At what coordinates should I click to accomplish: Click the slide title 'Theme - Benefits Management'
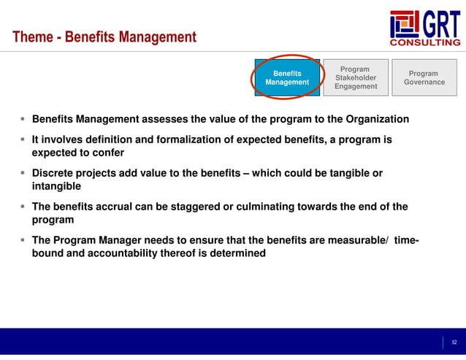pyautogui.click(x=104, y=37)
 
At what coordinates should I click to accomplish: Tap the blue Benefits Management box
pyautogui.click(x=287, y=77)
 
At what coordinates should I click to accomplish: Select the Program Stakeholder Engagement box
pyautogui.click(x=356, y=77)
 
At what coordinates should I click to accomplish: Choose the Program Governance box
pyautogui.click(x=424, y=77)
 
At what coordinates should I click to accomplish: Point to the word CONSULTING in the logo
pyautogui.click(x=427, y=43)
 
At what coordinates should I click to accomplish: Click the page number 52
pyautogui.click(x=454, y=342)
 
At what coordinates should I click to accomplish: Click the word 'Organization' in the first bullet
pyautogui.click(x=373, y=119)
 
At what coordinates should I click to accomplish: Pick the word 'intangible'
pyautogui.click(x=56, y=186)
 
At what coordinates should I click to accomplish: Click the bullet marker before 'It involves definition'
pyautogui.click(x=23, y=139)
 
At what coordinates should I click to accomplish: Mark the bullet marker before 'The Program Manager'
pyautogui.click(x=23, y=240)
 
